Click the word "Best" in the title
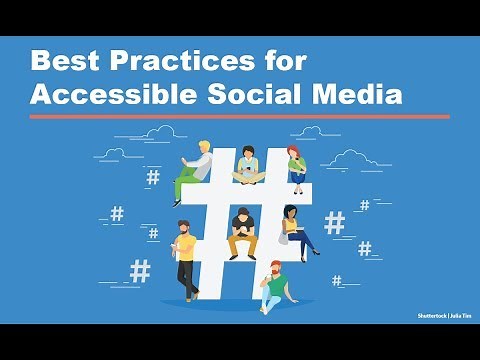[x=63, y=63]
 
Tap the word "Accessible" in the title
[x=112, y=95]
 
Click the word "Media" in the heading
[x=357, y=95]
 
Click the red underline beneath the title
[x=239, y=116]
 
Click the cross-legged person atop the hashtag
[x=247, y=168]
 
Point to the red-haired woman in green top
[x=296, y=166]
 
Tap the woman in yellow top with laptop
[x=295, y=231]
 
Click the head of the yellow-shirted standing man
[x=183, y=229]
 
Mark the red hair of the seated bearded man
[x=275, y=266]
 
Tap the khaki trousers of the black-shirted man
[x=242, y=246]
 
